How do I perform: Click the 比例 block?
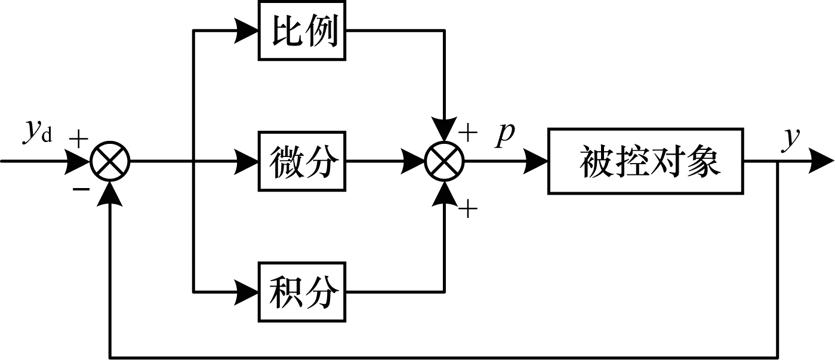302,30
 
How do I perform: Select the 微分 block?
302,161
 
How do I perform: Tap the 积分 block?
302,292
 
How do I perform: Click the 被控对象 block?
646,161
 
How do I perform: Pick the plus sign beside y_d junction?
78,139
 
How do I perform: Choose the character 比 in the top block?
285,30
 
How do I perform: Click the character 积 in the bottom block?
285,292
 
